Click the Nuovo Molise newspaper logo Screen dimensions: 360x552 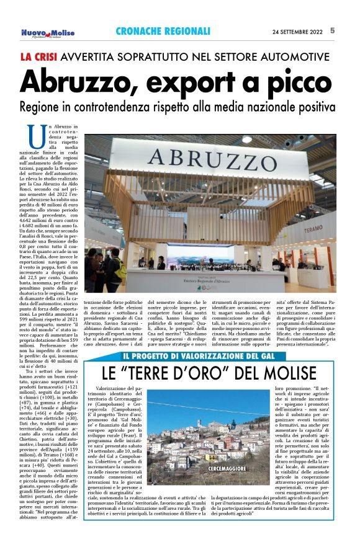point(48,32)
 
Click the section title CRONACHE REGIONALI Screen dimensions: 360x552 point(163,31)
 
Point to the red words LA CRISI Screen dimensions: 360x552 point(42,56)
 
